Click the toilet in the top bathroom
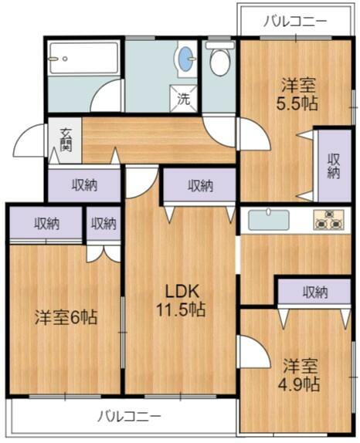(219, 61)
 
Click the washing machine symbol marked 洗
(184, 99)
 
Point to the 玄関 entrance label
(66, 140)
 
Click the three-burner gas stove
(331, 220)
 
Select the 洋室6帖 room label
(66, 317)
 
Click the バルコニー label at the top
(294, 21)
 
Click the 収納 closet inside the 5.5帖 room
(333, 166)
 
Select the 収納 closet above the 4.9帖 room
(314, 293)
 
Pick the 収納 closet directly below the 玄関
(85, 184)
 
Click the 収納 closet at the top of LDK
(199, 185)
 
